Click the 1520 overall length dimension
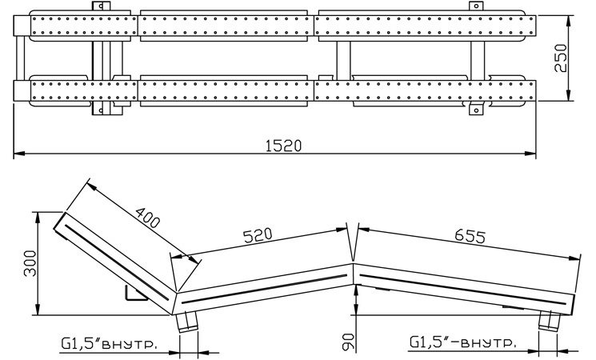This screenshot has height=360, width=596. tap(283, 146)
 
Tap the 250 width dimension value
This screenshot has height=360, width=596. tap(560, 58)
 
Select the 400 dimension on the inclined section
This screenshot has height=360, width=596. tap(147, 218)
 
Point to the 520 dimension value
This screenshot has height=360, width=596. tap(258, 235)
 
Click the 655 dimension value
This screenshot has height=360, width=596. tap(470, 236)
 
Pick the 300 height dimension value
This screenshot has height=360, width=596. tap(30, 263)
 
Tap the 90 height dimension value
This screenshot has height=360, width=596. tap(348, 342)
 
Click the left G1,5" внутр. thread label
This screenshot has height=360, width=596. tap(108, 344)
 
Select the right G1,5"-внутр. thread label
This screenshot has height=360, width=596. tap(462, 342)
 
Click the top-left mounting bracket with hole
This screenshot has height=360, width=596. tap(101, 6)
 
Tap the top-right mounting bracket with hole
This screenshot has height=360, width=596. tap(476, 6)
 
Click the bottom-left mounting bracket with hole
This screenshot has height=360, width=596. tap(101, 110)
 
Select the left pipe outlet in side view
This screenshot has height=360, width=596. tap(187, 322)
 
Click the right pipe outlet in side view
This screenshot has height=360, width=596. tap(550, 321)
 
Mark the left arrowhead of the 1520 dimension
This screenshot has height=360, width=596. tap(19, 154)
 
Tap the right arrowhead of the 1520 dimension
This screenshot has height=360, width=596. tap(530, 154)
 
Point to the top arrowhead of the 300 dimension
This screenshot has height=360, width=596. tap(38, 218)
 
